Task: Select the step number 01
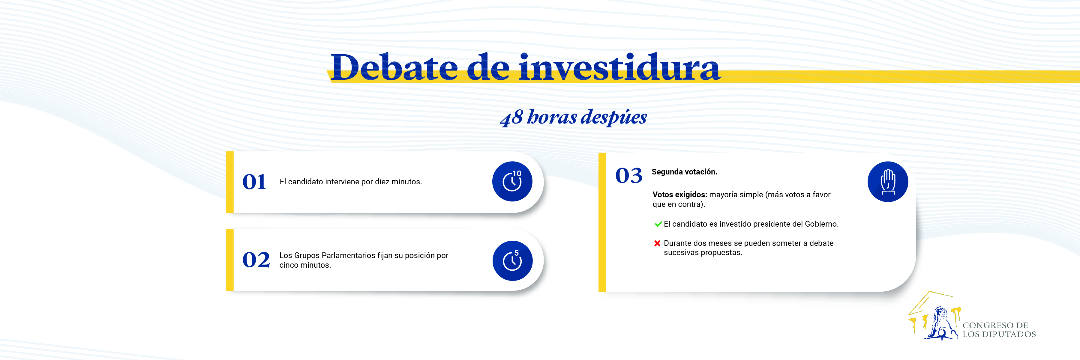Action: pyautogui.click(x=254, y=182)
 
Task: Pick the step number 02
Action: pyautogui.click(x=256, y=260)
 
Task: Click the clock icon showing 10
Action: pyautogui.click(x=512, y=181)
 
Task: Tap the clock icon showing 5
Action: pyautogui.click(x=512, y=261)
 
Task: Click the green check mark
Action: pyautogui.click(x=658, y=224)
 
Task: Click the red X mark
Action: pyautogui.click(x=657, y=243)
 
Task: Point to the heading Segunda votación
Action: pyautogui.click(x=684, y=172)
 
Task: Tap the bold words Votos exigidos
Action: pyautogui.click(x=679, y=195)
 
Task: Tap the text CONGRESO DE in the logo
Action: pyautogui.click(x=995, y=325)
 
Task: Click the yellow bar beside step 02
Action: pyautogui.click(x=230, y=260)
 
